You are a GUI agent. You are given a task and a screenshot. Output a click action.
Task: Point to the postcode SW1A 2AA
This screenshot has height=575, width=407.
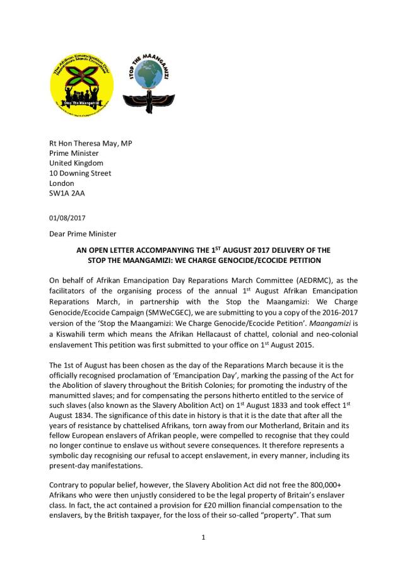coord(67,194)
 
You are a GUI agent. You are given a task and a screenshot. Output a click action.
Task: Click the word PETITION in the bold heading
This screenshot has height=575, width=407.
coord(302,260)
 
